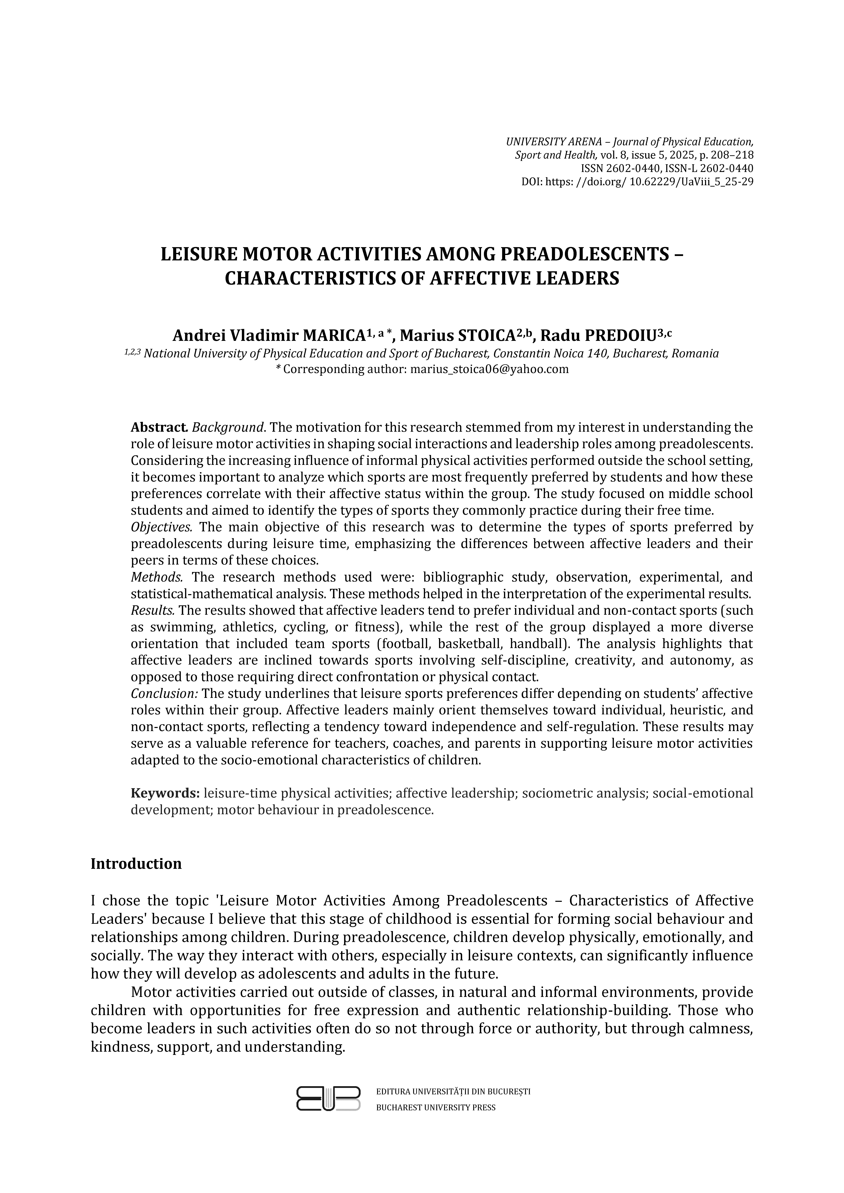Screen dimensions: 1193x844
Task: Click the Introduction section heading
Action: click(x=136, y=864)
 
